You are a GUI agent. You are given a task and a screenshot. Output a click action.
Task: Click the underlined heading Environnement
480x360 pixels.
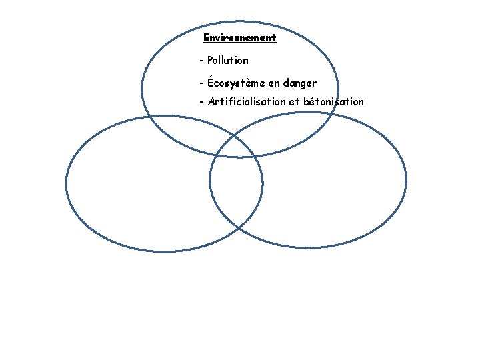(x=240, y=38)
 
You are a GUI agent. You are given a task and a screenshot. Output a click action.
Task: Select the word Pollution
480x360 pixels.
(x=228, y=60)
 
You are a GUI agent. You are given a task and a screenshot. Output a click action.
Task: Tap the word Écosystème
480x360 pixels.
(x=236, y=82)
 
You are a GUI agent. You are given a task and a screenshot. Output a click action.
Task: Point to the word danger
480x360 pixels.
(x=300, y=83)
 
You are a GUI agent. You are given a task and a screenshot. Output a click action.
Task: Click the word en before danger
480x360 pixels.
(x=274, y=83)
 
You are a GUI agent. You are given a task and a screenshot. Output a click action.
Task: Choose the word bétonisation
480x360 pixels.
(x=334, y=101)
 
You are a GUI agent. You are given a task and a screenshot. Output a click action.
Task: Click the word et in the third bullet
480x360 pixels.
(x=294, y=102)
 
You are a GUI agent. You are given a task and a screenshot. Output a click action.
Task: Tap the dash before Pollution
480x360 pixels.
(x=201, y=61)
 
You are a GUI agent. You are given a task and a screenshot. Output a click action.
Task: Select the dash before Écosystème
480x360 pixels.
(x=201, y=83)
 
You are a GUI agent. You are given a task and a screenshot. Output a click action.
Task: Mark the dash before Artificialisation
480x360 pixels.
(x=201, y=102)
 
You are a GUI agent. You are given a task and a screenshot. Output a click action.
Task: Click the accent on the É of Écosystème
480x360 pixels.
(x=211, y=77)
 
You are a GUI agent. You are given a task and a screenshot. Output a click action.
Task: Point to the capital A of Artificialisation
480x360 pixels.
(x=211, y=101)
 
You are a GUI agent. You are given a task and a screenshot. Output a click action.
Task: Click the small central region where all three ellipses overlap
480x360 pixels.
(x=235, y=147)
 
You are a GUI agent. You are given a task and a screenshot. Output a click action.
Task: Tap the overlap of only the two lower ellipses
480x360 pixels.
(x=236, y=190)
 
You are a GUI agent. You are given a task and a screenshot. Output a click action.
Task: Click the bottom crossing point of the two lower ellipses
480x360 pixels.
(x=239, y=229)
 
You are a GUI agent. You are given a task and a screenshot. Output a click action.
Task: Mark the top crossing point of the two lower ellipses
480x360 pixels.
(x=234, y=135)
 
